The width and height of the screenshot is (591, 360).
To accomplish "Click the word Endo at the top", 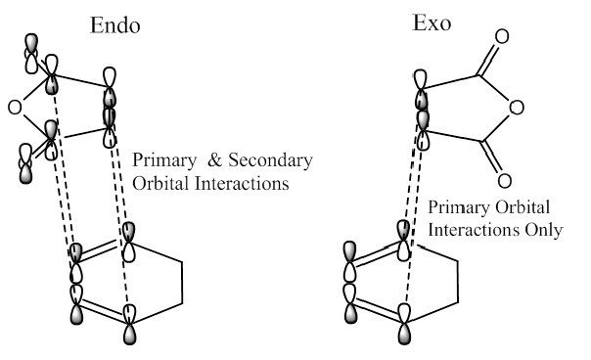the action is click(114, 25).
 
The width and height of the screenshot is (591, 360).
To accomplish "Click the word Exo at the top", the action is click(432, 22).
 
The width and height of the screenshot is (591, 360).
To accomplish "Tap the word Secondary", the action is click(271, 160).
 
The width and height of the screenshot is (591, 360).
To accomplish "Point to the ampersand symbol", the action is click(214, 159).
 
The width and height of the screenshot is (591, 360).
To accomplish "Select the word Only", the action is click(544, 230).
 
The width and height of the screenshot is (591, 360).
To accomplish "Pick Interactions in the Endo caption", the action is click(242, 184).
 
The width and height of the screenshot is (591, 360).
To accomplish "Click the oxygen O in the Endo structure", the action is click(15, 108).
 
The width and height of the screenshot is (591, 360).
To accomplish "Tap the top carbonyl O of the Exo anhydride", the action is click(502, 36).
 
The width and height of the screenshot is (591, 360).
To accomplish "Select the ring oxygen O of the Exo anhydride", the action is click(517, 108).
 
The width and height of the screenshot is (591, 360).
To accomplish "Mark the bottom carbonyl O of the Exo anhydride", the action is click(504, 181).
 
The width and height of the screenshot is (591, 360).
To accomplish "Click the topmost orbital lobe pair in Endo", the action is click(31, 54).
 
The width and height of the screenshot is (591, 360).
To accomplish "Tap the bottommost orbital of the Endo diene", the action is click(129, 324).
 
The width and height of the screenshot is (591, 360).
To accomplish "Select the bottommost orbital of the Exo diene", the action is click(404, 324).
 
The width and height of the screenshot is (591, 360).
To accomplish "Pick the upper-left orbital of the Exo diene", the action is click(349, 261).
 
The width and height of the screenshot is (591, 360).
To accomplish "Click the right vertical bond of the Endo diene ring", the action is click(182, 282).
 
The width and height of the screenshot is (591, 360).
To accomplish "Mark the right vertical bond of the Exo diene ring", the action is click(458, 281).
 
